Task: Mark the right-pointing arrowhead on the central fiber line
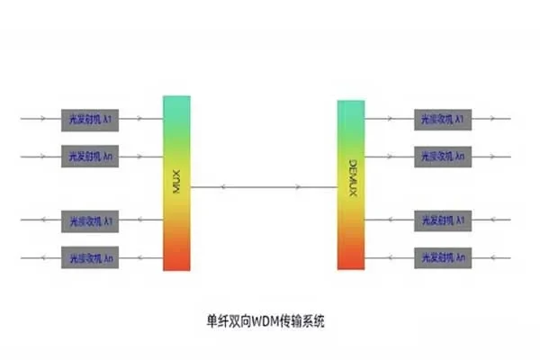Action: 300,187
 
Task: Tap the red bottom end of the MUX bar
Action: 177,262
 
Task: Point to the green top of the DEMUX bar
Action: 351,108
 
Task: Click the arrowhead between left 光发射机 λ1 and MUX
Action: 142,118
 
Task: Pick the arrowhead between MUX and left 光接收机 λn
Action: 142,256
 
